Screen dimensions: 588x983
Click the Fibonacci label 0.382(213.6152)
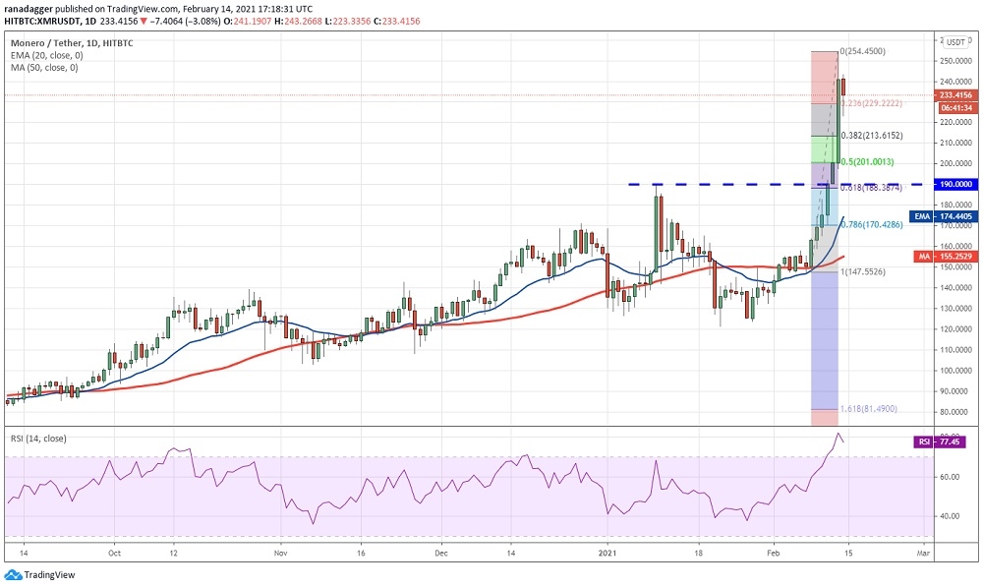coord(872,136)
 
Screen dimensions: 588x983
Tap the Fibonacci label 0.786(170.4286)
coord(873,225)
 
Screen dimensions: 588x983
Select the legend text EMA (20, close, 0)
coord(44,56)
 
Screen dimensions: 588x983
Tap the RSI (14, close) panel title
coord(38,438)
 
